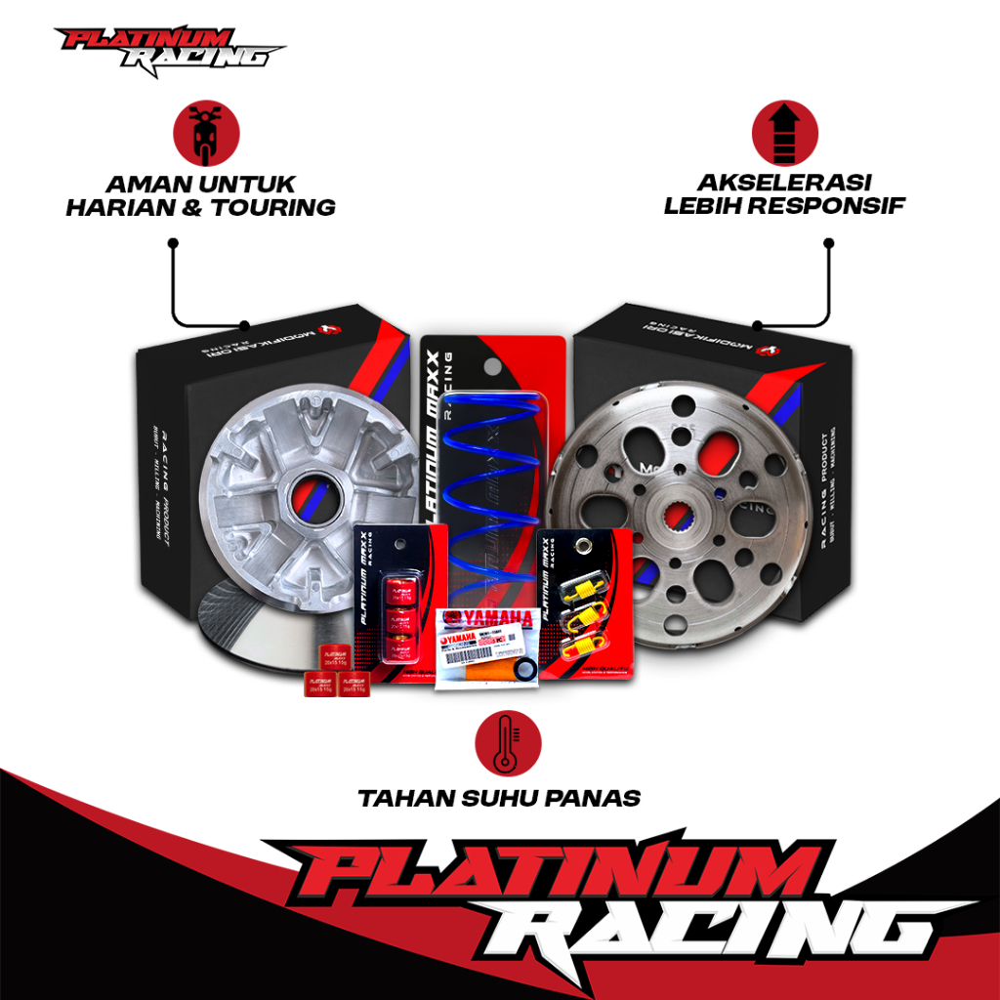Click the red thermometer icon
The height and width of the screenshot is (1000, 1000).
501,738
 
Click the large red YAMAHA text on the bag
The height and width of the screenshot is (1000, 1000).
498,618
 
